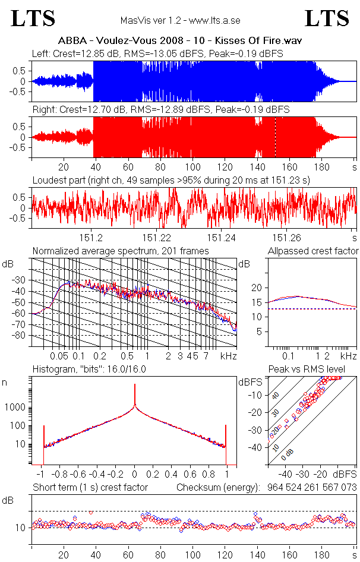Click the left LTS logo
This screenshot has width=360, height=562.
[x=33, y=18]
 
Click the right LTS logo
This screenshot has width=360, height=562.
[x=327, y=18]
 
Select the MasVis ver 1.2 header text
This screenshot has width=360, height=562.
[x=181, y=20]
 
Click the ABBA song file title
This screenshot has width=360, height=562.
[x=180, y=40]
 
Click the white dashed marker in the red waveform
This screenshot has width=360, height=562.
[x=275, y=137]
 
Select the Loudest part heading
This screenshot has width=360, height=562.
[x=172, y=180]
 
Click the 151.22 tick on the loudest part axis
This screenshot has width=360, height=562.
[x=157, y=238]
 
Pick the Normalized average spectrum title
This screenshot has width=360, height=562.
[x=121, y=251]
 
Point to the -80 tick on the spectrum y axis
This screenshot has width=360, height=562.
[x=21, y=336]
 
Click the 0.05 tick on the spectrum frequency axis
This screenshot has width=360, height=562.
[x=59, y=356]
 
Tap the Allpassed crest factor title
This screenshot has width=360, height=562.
[x=313, y=251]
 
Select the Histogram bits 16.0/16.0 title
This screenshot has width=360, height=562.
[x=89, y=369]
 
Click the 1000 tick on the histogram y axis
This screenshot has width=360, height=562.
[x=15, y=408]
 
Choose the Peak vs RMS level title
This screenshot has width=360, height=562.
[x=307, y=369]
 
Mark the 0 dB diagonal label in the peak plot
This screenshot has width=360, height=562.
[x=287, y=454]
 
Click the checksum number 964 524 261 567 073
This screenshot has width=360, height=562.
[x=312, y=488]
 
